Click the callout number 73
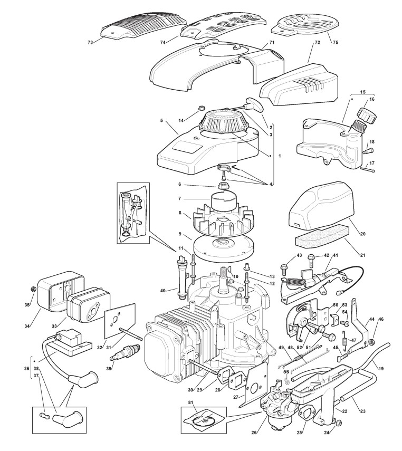coord(90,43)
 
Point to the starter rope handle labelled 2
coord(254,104)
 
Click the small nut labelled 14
coord(200,109)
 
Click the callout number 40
coord(163,291)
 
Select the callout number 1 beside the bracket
coord(280,156)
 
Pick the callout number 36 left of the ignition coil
coord(27,369)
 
